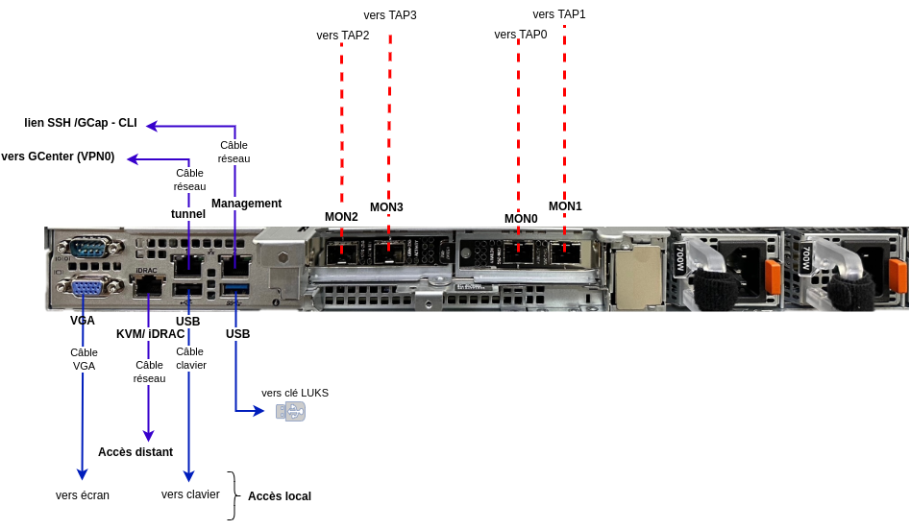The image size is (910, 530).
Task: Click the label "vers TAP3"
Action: [390, 15]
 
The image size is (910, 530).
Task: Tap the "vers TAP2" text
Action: [343, 36]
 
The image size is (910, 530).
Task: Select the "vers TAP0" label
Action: [521, 35]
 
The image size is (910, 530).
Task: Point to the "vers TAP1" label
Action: [559, 14]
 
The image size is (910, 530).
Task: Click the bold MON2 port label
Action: [341, 217]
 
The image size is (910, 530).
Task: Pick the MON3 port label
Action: [386, 207]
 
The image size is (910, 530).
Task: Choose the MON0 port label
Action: [521, 219]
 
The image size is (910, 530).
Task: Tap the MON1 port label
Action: [565, 206]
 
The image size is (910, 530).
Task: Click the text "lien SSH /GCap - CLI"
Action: [81, 124]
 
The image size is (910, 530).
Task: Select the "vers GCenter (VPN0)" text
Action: [58, 157]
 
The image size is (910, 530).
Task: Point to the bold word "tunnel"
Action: [188, 214]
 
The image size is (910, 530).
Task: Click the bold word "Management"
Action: [246, 204]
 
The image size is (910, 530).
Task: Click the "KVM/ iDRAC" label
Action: [150, 334]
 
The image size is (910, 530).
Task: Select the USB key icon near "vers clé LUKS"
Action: [290, 412]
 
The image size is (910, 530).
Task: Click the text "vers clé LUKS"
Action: [295, 393]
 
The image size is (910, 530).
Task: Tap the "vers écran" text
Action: [83, 495]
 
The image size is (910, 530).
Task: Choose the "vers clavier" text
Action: [190, 494]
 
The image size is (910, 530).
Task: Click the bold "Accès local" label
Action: [280, 496]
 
